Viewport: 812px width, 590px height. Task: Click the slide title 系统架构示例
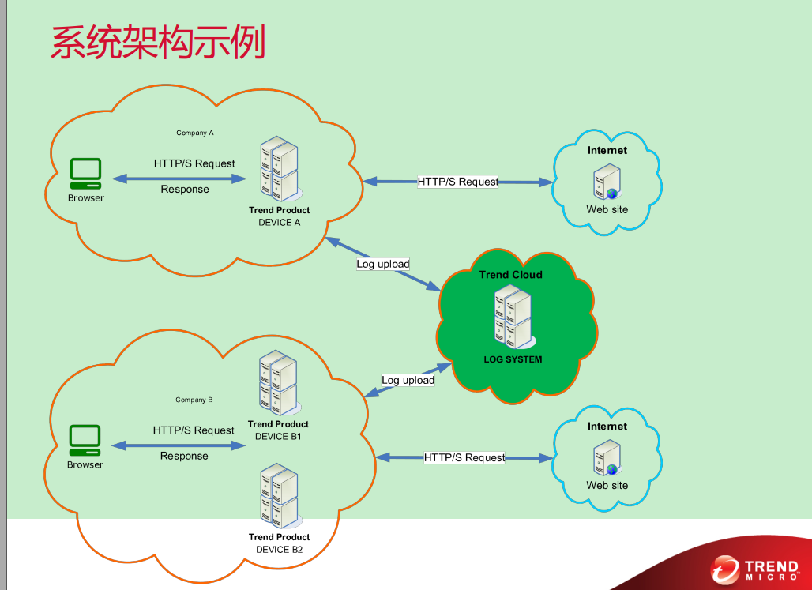click(158, 43)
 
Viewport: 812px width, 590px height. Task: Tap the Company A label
click(195, 133)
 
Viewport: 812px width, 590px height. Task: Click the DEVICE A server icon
click(280, 168)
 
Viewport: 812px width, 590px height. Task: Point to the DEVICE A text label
click(280, 223)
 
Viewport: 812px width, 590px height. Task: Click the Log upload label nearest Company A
click(383, 264)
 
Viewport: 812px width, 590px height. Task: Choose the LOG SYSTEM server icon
click(513, 317)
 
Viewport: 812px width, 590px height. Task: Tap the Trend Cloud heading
click(511, 275)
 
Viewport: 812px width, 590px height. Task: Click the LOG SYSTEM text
click(513, 359)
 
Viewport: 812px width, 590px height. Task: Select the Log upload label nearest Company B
click(408, 380)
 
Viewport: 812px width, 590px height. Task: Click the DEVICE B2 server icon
click(279, 495)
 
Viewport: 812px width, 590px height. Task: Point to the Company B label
click(194, 400)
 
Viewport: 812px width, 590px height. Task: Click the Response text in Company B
click(184, 456)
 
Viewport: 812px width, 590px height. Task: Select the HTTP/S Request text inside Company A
click(194, 163)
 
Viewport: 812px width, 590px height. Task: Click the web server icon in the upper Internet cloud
click(607, 182)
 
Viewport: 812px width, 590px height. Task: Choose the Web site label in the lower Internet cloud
click(607, 485)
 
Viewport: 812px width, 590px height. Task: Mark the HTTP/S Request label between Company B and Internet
click(464, 457)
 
